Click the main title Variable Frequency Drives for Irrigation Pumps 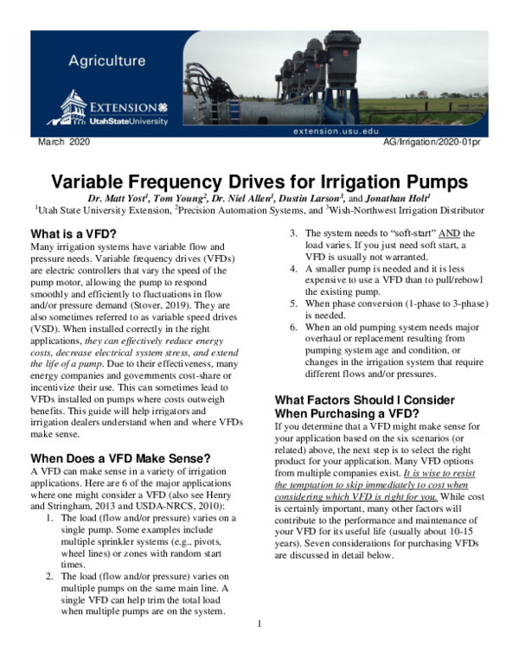coord(259,182)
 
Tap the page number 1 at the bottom coord(259,623)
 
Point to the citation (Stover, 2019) coord(174,305)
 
